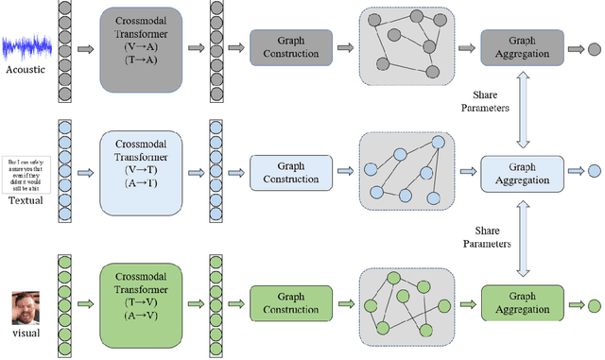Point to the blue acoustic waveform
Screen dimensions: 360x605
pyautogui.click(x=26, y=47)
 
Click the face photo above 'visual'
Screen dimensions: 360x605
pyautogui.click(x=26, y=309)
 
